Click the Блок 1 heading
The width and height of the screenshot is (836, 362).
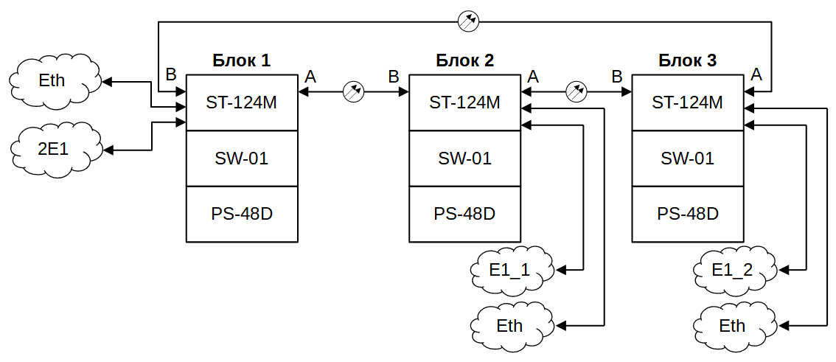coord(242,60)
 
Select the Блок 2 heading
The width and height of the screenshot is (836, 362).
coord(464,60)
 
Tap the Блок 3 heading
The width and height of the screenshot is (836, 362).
coord(687,60)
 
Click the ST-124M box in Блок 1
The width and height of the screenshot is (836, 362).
coord(242,102)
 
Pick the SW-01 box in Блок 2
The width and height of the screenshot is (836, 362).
coord(464,158)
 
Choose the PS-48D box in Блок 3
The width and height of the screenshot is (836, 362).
coord(688,214)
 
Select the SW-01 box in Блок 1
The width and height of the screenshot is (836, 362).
coord(242,158)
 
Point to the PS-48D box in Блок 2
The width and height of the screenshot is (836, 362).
coord(464,214)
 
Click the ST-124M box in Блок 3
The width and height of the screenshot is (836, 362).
coord(688,102)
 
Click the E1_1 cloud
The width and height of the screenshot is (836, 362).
coord(510,270)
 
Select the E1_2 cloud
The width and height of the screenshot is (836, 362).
coord(733,270)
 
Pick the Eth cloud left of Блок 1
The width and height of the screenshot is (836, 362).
coord(54,80)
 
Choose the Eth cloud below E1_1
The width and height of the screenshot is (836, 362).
coord(511,324)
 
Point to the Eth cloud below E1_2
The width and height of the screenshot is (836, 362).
coord(733,324)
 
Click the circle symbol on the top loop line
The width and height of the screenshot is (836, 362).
coord(468,21)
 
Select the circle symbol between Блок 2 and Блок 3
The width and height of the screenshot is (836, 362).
coord(577,92)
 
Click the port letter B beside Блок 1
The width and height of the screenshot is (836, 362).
coord(171,74)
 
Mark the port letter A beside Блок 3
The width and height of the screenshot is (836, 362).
coord(756,74)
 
